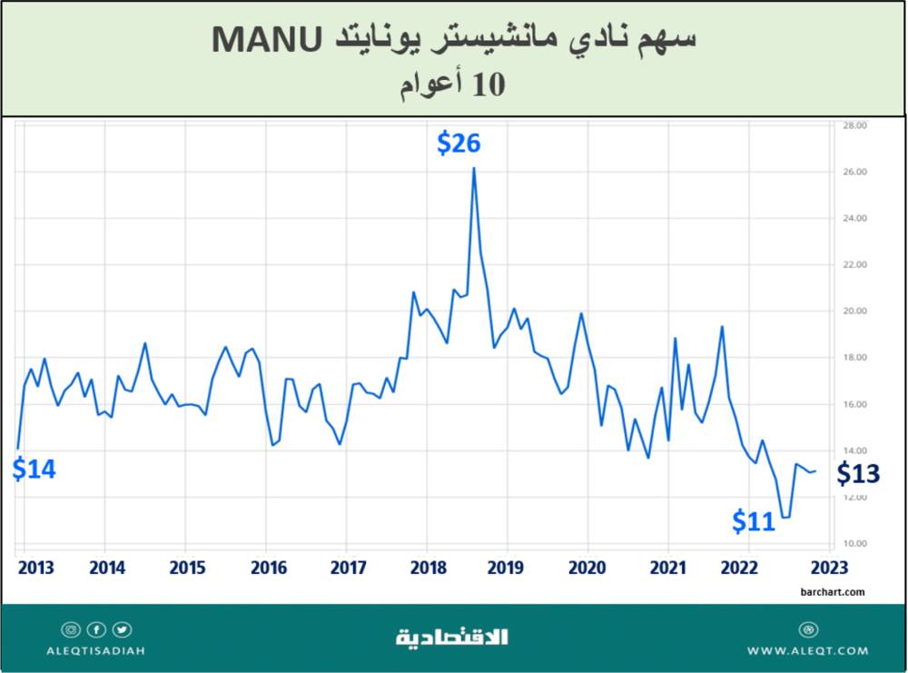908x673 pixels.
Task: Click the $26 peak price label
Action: (x=459, y=143)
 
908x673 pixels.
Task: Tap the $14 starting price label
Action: (x=35, y=470)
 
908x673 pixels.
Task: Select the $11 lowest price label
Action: (x=755, y=521)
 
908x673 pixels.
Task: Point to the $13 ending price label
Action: (x=858, y=473)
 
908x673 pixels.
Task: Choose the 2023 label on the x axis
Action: (x=829, y=569)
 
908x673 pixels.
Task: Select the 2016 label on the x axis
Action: (x=269, y=569)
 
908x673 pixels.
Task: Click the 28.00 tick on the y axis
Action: (x=856, y=125)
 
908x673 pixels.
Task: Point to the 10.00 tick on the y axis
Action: (x=856, y=544)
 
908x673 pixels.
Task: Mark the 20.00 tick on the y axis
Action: (x=856, y=312)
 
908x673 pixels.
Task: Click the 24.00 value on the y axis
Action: (x=856, y=218)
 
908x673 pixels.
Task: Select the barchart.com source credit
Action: (x=834, y=592)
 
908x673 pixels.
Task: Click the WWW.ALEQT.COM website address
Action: (x=807, y=651)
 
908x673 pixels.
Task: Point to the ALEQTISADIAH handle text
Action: (x=96, y=651)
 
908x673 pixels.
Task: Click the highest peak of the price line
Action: (x=474, y=168)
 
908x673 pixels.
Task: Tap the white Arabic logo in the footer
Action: (x=453, y=637)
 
